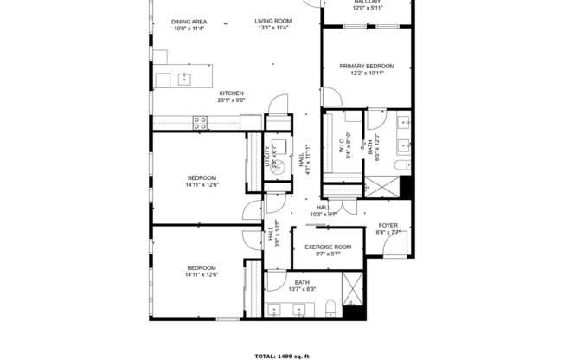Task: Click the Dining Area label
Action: tap(188, 21)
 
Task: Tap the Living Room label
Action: tap(272, 21)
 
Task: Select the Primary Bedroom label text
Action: tap(366, 66)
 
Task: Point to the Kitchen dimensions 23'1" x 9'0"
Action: tap(230, 100)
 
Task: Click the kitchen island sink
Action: tap(184, 80)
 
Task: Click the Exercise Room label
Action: tap(328, 247)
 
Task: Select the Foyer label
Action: tap(388, 225)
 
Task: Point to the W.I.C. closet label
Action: tap(342, 145)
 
